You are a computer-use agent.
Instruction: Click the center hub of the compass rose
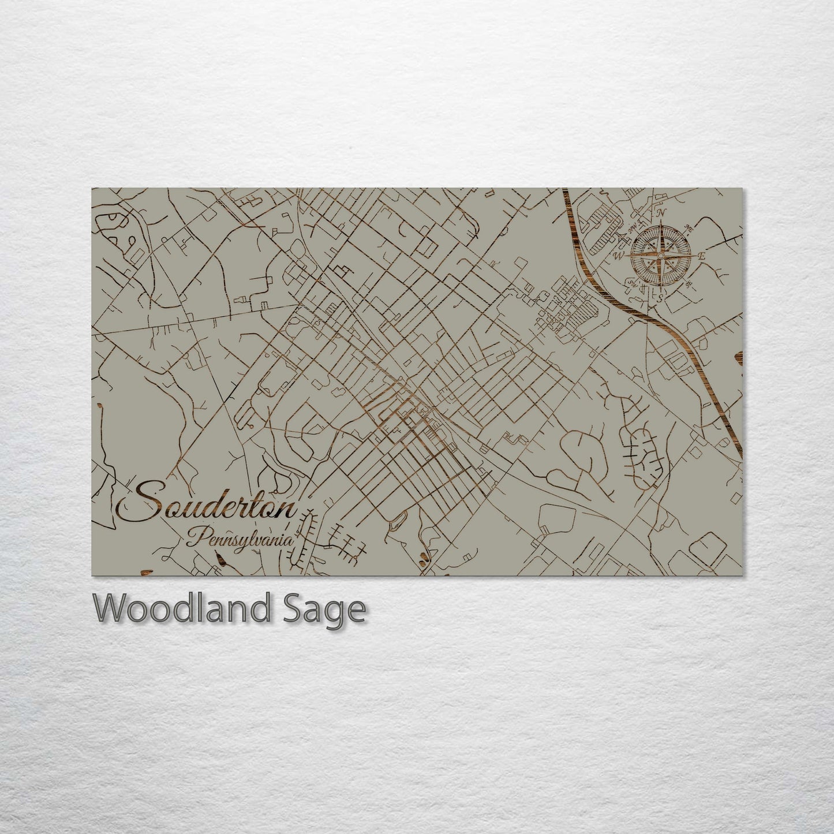click(x=661, y=255)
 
